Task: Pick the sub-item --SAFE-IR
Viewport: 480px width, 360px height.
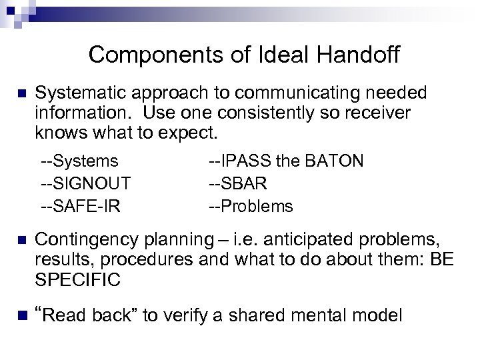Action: (x=81, y=206)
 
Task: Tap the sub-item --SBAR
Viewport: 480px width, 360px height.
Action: (x=239, y=183)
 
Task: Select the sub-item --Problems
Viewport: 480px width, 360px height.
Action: (x=251, y=206)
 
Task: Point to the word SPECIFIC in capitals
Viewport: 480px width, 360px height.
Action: (x=78, y=279)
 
